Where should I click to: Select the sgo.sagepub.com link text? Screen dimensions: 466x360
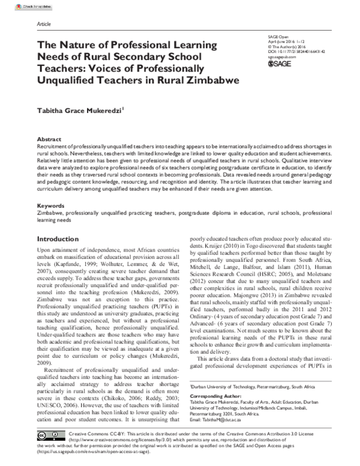(281, 57)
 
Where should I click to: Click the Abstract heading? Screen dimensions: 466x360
(49, 138)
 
